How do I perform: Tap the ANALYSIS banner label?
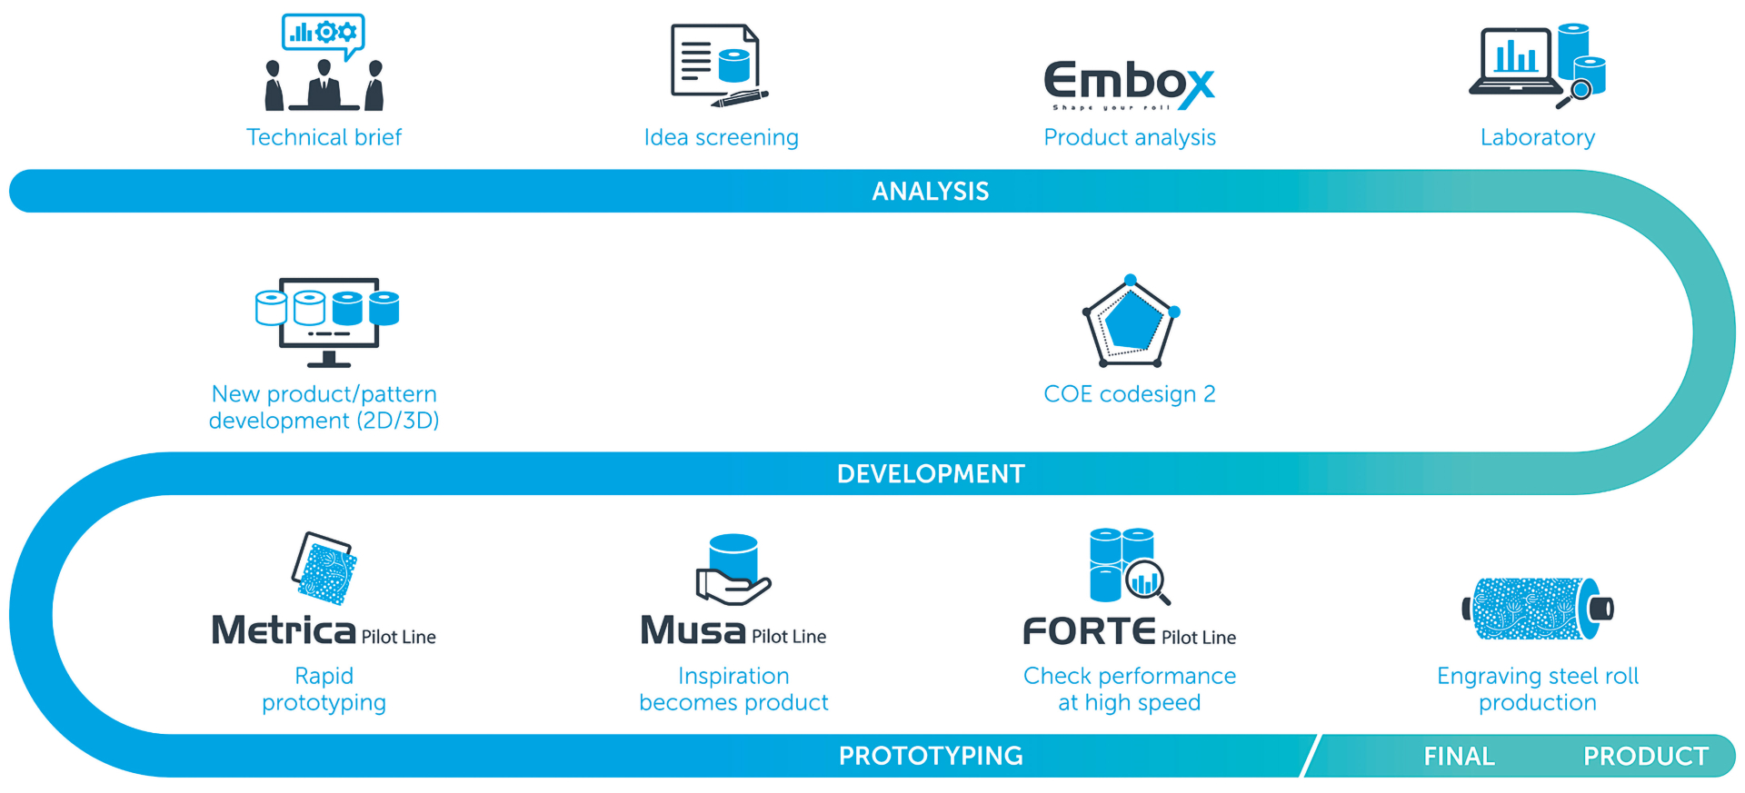[x=931, y=191]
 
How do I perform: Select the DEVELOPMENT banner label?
[x=931, y=473]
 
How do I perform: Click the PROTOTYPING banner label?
[x=931, y=756]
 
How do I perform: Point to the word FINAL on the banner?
[x=1459, y=756]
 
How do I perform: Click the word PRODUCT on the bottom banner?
[x=1646, y=756]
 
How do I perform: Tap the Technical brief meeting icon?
[x=324, y=63]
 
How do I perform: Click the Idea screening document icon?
[x=719, y=66]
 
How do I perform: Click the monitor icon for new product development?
[x=327, y=322]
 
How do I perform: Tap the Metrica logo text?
[x=284, y=629]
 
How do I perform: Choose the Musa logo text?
[x=693, y=629]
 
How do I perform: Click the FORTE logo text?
[x=1089, y=630]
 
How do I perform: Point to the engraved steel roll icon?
[x=1538, y=609]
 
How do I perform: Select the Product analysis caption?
[x=1130, y=137]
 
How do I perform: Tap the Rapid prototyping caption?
[x=324, y=689]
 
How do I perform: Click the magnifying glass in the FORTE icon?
[x=1147, y=582]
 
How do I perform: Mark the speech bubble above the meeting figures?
[x=324, y=35]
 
